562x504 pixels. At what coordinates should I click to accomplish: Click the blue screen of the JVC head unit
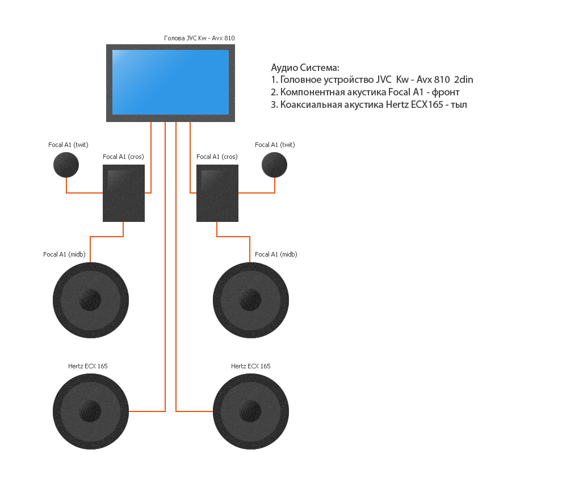[170, 82]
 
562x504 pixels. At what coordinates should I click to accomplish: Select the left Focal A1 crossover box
[123, 193]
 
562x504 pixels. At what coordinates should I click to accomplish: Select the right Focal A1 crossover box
[217, 193]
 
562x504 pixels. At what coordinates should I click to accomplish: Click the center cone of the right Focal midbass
[250, 300]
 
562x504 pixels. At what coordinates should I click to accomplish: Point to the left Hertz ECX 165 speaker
[91, 411]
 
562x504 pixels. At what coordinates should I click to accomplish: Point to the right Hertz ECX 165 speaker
[251, 411]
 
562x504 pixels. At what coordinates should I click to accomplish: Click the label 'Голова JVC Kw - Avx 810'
[199, 39]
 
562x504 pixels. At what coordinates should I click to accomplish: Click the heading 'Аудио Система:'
[305, 68]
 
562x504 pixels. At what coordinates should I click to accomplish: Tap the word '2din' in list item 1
[464, 80]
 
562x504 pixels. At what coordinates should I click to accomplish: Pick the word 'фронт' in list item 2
[446, 93]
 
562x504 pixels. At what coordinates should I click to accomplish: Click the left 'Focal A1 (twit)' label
[68, 145]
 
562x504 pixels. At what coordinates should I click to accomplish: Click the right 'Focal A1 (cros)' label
[217, 157]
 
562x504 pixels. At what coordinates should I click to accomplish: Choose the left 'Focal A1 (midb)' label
[64, 254]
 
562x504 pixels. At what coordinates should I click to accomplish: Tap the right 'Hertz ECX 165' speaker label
[250, 366]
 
